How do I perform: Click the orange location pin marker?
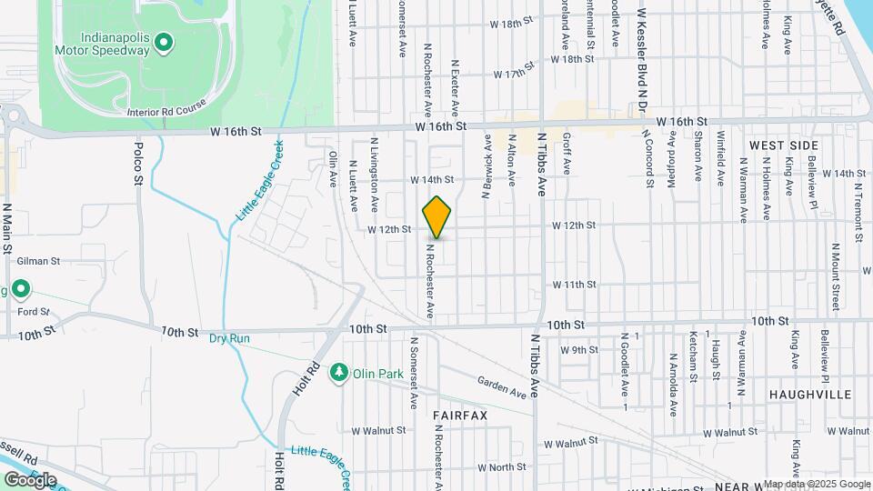[x=436, y=217]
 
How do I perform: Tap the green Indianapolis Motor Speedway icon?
[x=164, y=41]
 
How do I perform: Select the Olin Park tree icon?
[x=339, y=372]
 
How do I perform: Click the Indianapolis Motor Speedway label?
[x=102, y=44]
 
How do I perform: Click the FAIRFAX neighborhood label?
[x=460, y=415]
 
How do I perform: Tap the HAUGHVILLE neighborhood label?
[x=809, y=395]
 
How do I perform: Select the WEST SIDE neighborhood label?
[x=784, y=145]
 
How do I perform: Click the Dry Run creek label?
[x=229, y=338]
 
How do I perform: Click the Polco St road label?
[x=139, y=164]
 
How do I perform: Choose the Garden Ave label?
[x=502, y=388]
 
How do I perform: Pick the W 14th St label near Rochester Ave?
[x=431, y=180]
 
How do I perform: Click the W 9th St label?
[x=579, y=349]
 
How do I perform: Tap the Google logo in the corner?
[x=30, y=479]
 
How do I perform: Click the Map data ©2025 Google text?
[x=817, y=484]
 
